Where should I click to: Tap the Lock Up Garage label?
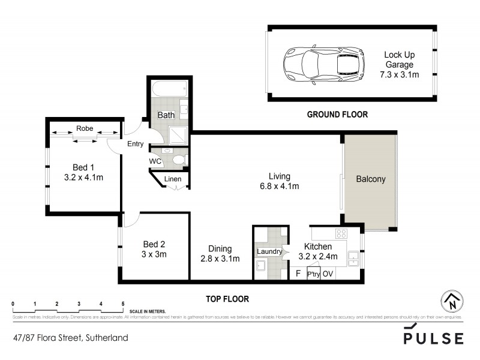399,65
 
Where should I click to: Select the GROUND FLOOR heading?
337,114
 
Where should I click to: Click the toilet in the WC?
178,160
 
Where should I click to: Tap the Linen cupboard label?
173,179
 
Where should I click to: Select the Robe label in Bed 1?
84,128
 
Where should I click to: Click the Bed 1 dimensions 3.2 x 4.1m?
84,178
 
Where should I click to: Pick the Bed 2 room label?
154,244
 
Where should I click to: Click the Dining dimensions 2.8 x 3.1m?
220,259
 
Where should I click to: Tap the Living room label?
280,176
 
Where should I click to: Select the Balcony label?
370,179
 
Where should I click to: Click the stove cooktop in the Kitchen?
341,233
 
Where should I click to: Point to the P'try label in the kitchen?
313,274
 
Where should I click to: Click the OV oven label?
328,274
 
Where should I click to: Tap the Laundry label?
269,251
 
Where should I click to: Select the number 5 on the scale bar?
122,303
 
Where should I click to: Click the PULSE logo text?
433,338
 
